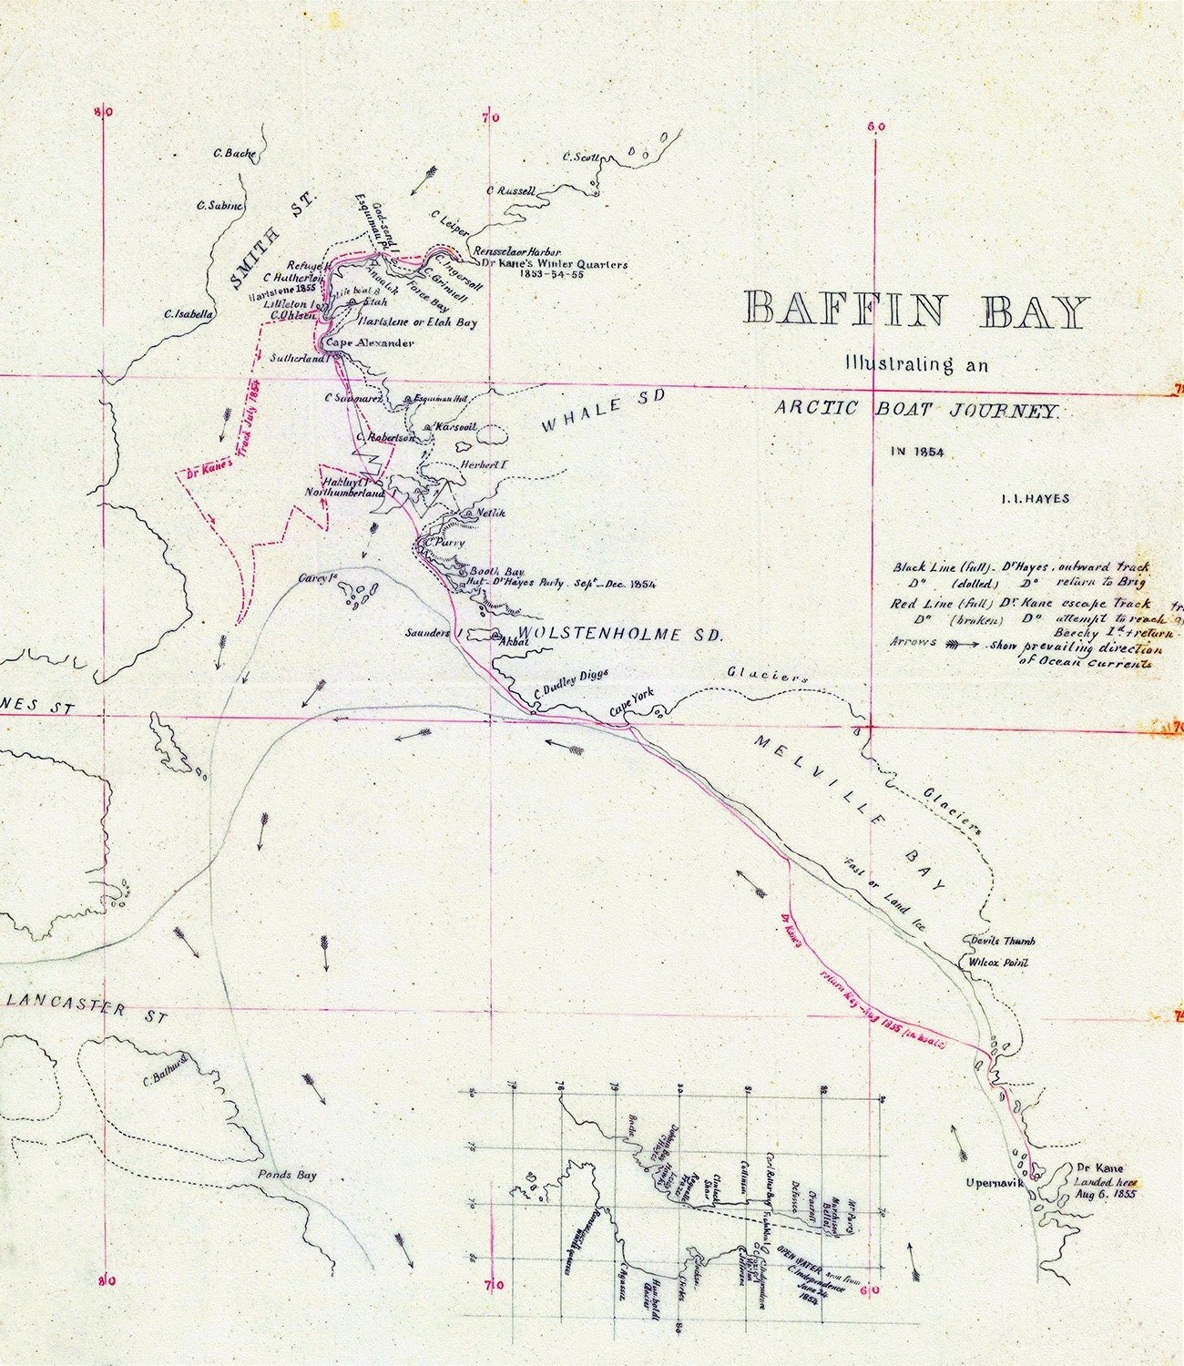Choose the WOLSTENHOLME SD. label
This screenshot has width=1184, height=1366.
619,635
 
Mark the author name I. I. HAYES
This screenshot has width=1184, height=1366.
1034,498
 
